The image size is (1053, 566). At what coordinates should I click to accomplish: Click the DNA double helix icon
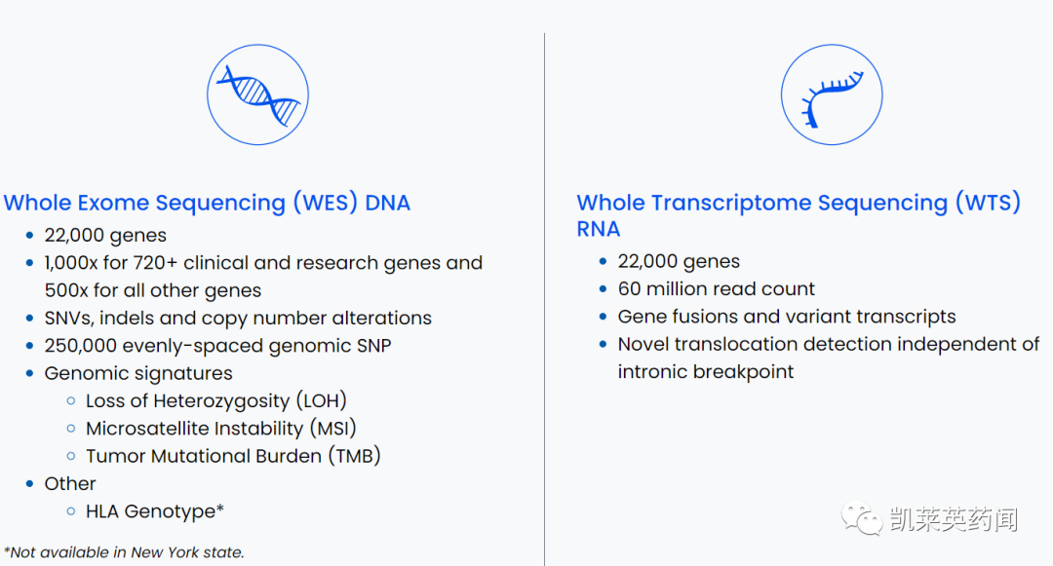pos(257,95)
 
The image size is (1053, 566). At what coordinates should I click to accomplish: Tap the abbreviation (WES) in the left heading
pos(325,203)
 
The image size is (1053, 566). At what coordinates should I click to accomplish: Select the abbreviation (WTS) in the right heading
pos(987,203)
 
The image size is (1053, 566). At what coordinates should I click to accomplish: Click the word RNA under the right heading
pos(599,229)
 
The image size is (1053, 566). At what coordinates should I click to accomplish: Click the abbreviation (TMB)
pos(355,456)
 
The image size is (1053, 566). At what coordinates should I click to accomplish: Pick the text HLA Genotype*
pos(155,511)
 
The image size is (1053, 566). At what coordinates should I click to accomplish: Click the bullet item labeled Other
pos(70,483)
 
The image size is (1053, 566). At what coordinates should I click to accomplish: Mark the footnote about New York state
pos(124,552)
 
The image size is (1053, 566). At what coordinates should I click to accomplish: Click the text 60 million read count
pos(716,289)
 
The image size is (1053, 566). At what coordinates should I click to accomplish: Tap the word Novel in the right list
pos(643,344)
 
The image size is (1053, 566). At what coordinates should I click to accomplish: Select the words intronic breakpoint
pos(706,372)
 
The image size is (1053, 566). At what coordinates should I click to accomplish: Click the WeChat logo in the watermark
pos(862,519)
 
